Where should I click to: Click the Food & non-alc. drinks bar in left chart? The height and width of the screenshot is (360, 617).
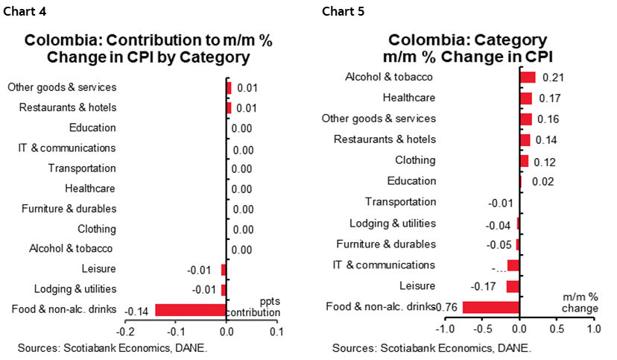(x=190, y=310)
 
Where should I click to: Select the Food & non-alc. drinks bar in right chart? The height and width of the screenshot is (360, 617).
(x=490, y=307)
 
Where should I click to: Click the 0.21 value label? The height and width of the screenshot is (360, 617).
(x=551, y=78)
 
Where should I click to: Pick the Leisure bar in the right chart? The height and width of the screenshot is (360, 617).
(x=512, y=286)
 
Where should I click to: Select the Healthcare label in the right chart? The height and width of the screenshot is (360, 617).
(x=408, y=98)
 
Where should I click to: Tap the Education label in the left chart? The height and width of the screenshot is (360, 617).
(x=92, y=128)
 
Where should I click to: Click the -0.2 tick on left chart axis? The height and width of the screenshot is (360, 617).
(x=126, y=332)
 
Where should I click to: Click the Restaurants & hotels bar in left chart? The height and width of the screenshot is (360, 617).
(x=229, y=108)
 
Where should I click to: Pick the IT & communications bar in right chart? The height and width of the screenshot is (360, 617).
(x=513, y=265)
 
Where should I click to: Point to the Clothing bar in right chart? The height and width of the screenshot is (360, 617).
(x=524, y=161)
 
